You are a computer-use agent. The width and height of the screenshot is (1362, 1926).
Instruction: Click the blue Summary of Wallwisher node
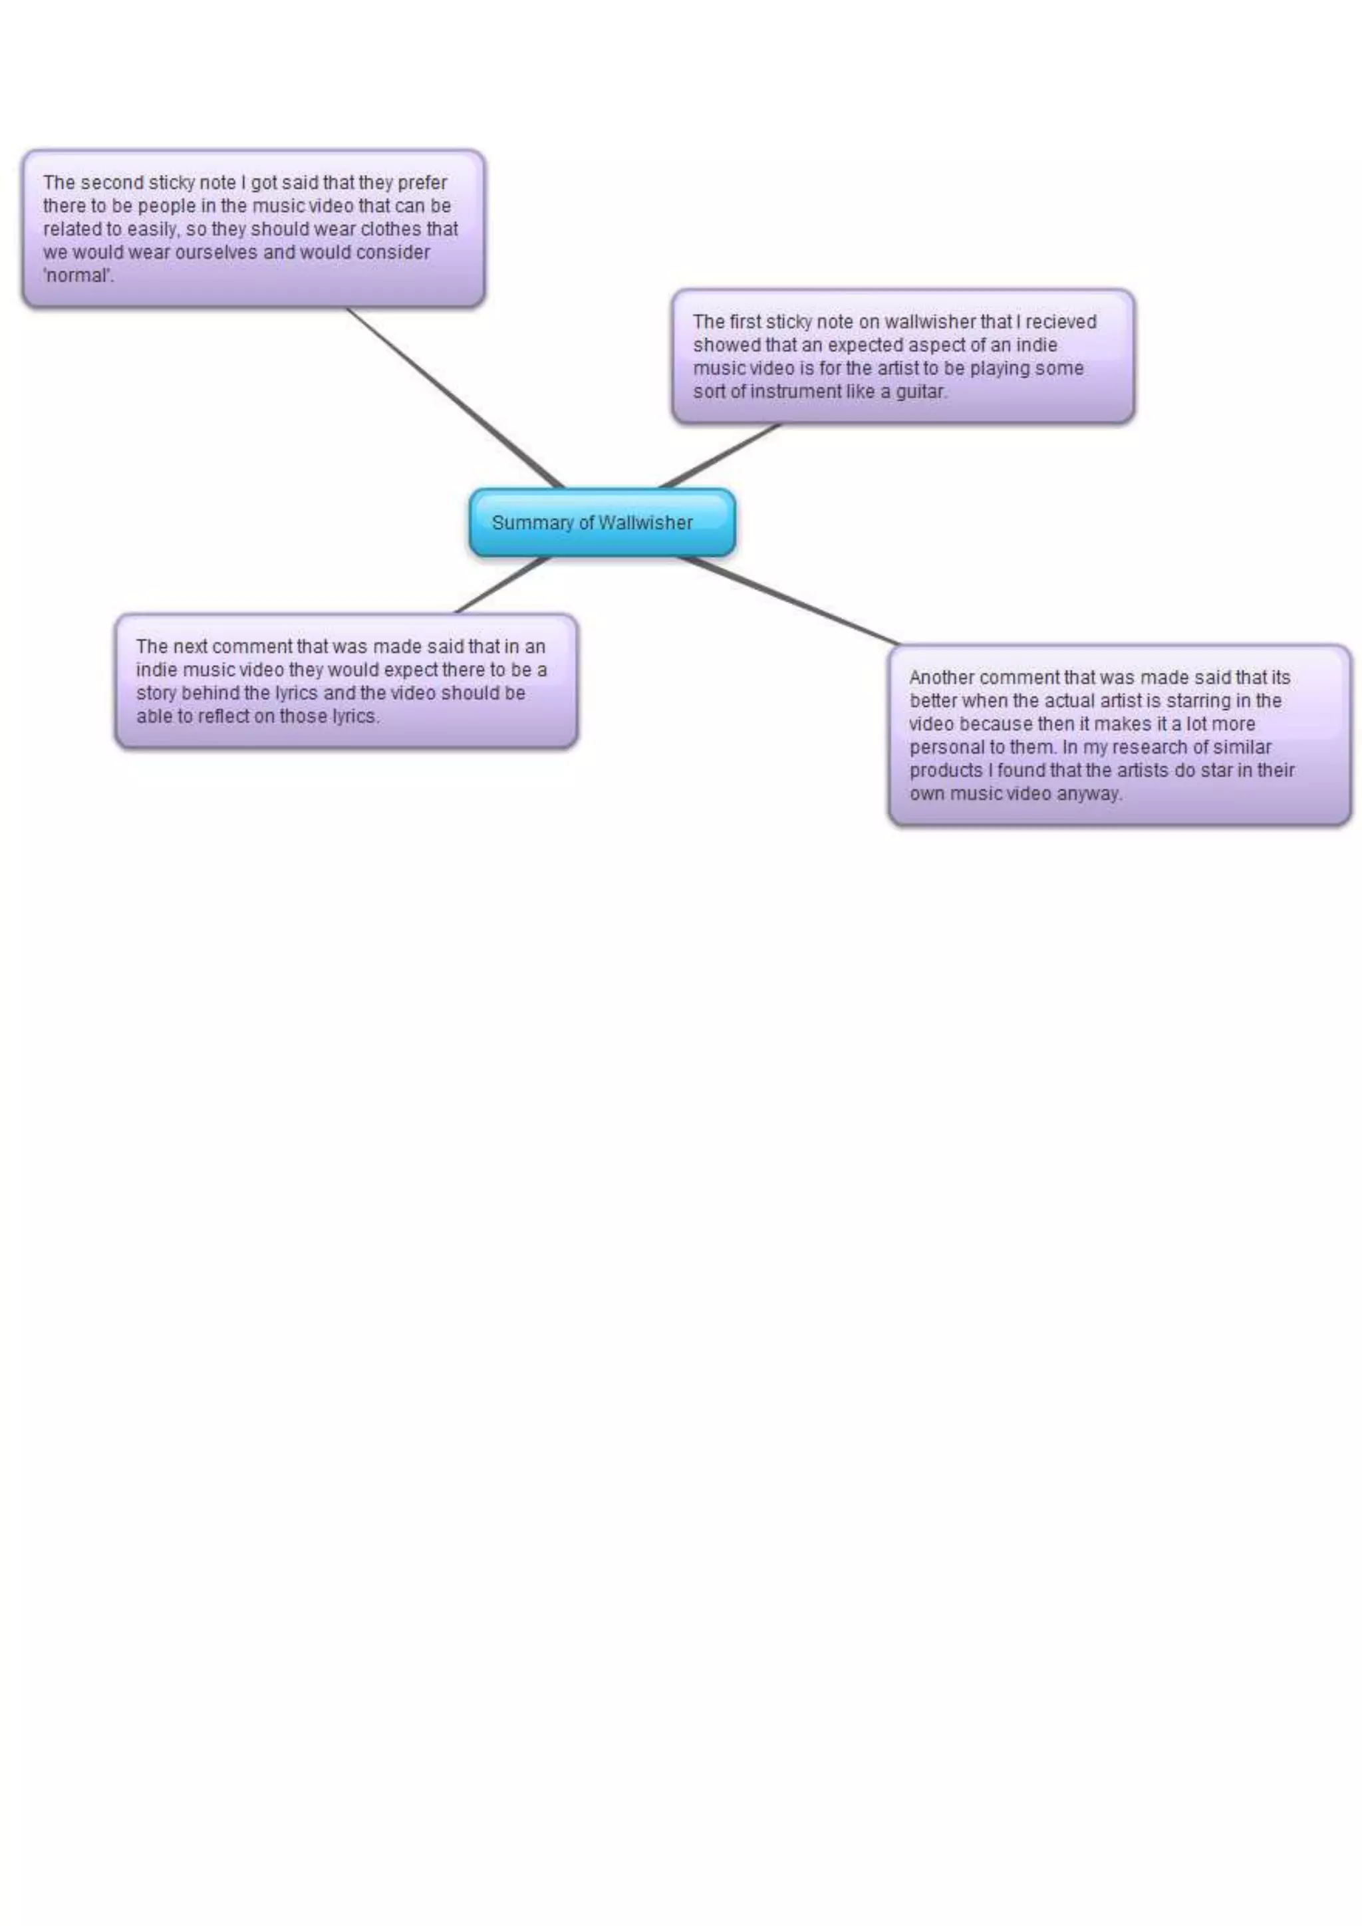(x=602, y=523)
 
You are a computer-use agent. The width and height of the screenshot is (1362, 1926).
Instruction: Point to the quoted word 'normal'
(x=77, y=276)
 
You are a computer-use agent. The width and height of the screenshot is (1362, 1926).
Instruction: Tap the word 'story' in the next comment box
(x=156, y=694)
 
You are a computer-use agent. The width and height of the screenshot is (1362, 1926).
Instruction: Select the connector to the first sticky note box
(x=720, y=456)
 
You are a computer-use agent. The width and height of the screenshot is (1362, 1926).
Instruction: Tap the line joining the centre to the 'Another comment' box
(x=788, y=600)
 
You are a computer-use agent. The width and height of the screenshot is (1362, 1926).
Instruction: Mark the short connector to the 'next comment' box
(x=501, y=585)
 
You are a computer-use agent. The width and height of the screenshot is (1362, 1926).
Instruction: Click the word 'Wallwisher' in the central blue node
(x=645, y=523)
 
